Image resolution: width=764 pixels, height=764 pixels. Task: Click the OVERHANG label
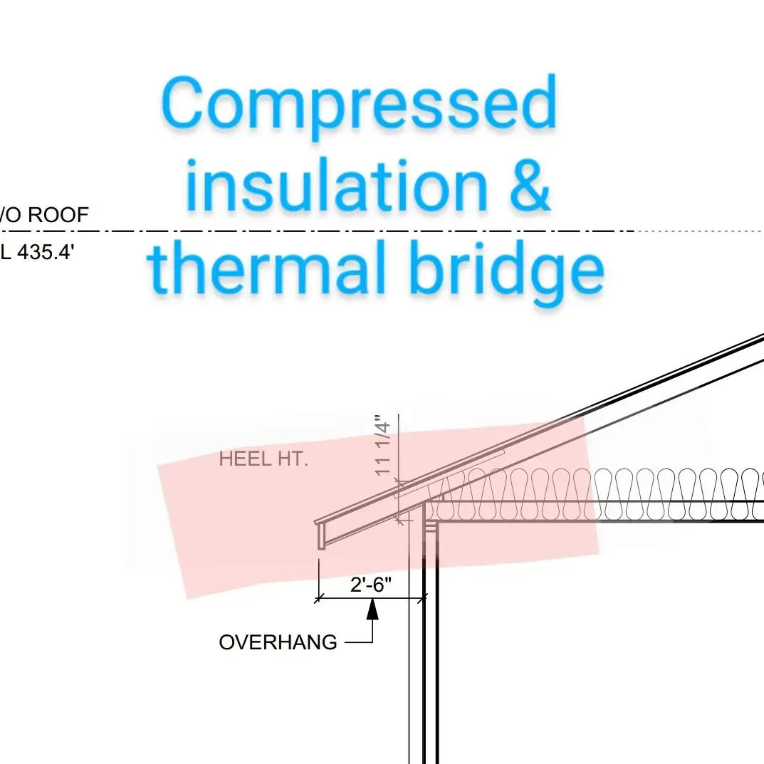pos(278,642)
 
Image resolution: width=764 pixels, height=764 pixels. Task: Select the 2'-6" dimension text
pos(371,585)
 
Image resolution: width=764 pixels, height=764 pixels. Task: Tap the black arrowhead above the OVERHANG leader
pos(372,609)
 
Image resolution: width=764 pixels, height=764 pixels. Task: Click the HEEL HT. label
pos(263,459)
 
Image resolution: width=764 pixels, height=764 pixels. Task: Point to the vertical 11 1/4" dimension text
pos(383,446)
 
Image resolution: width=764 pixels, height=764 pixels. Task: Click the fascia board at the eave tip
pos(321,535)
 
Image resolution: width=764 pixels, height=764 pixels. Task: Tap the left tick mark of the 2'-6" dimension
pos(318,599)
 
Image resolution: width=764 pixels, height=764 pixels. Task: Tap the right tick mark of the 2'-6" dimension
pos(424,599)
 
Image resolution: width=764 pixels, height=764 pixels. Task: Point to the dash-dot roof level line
pos(356,231)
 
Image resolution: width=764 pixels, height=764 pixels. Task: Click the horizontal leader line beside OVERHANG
pos(359,642)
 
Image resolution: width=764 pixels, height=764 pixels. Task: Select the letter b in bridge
pos(427,269)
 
